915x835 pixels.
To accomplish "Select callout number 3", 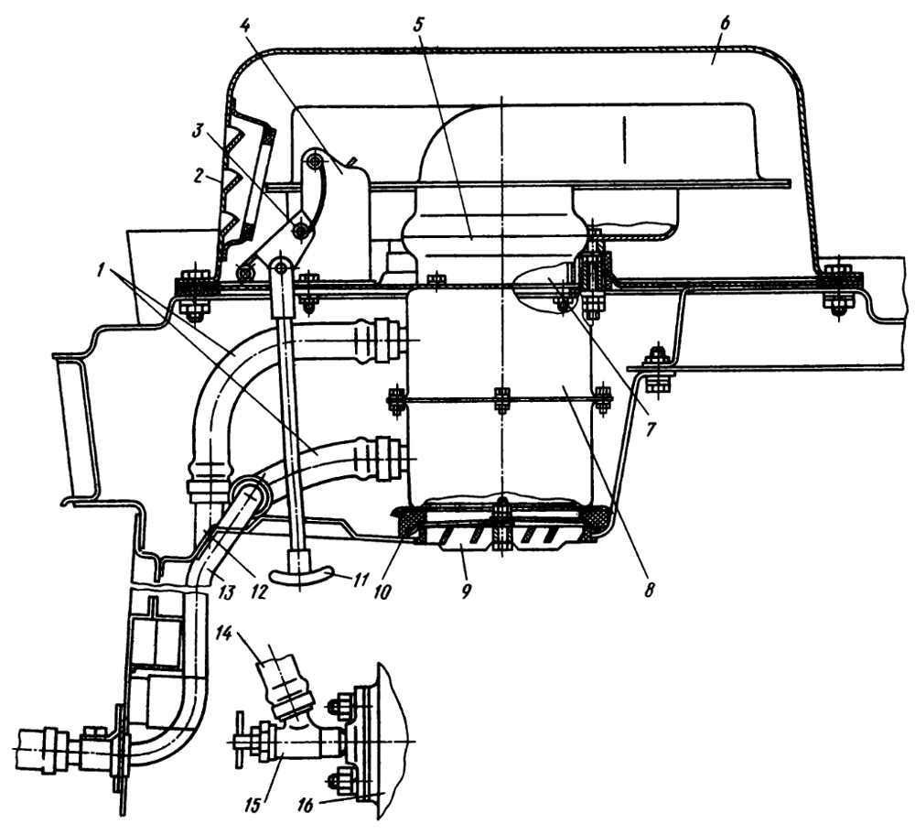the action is click(199, 133).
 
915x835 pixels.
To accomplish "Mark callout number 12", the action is click(258, 591).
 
